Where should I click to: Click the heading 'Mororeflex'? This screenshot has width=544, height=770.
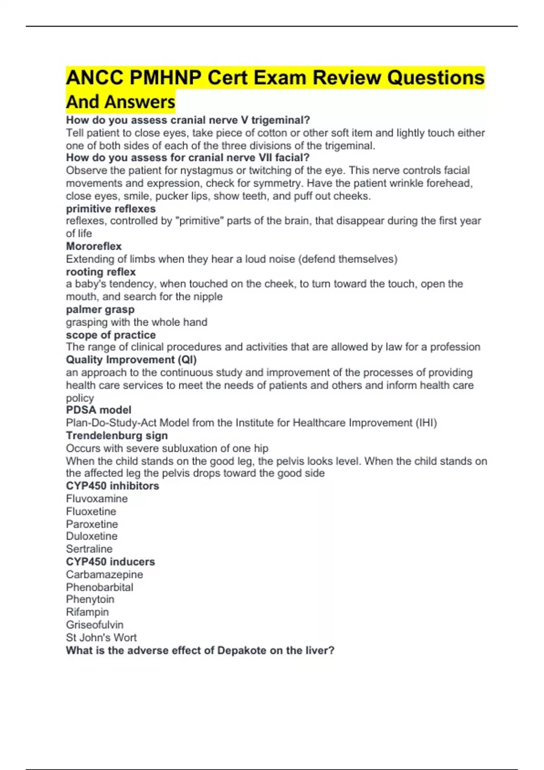pos(94,246)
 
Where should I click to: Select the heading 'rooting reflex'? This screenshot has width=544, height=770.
pos(101,272)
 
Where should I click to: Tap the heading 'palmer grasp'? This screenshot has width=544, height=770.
pos(100,310)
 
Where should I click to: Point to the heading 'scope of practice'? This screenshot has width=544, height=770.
pos(111,335)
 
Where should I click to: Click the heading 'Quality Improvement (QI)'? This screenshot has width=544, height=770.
pos(131,360)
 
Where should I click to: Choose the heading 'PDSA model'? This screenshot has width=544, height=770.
pos(98,410)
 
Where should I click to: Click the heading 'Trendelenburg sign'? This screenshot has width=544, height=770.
pos(117,436)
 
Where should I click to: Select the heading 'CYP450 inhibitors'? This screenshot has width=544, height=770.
pos(112,486)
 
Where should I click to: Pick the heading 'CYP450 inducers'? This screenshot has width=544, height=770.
pos(110,562)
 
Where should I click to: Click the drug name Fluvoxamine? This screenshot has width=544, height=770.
pos(97,499)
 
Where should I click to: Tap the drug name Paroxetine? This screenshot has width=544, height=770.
pos(92,524)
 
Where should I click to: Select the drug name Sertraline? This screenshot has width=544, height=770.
pos(89,549)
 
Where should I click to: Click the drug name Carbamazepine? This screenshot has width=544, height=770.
pos(104,574)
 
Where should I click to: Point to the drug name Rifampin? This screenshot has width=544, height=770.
pos(87,612)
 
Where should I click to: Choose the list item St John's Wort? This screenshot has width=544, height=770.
pos(101,638)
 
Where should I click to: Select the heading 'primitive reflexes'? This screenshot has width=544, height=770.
pos(111,209)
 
